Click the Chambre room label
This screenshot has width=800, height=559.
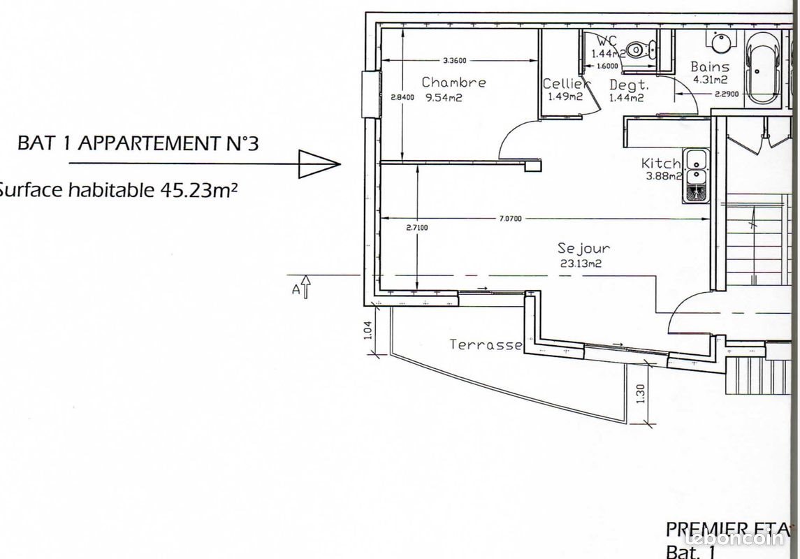click(x=453, y=82)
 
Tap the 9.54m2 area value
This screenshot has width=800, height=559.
click(x=444, y=98)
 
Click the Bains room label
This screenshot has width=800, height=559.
click(x=710, y=67)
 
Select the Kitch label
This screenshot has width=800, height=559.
click(x=661, y=164)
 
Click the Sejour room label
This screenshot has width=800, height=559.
click(x=583, y=248)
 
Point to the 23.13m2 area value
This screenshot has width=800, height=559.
click(x=581, y=263)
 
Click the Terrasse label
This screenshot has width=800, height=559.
click(x=486, y=344)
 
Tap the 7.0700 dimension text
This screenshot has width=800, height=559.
click(x=511, y=219)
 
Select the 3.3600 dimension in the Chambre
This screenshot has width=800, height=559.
click(x=454, y=60)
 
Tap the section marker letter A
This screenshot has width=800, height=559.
click(x=296, y=289)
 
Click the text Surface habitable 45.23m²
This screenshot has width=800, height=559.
click(x=115, y=190)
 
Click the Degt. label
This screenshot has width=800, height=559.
click(x=629, y=85)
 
